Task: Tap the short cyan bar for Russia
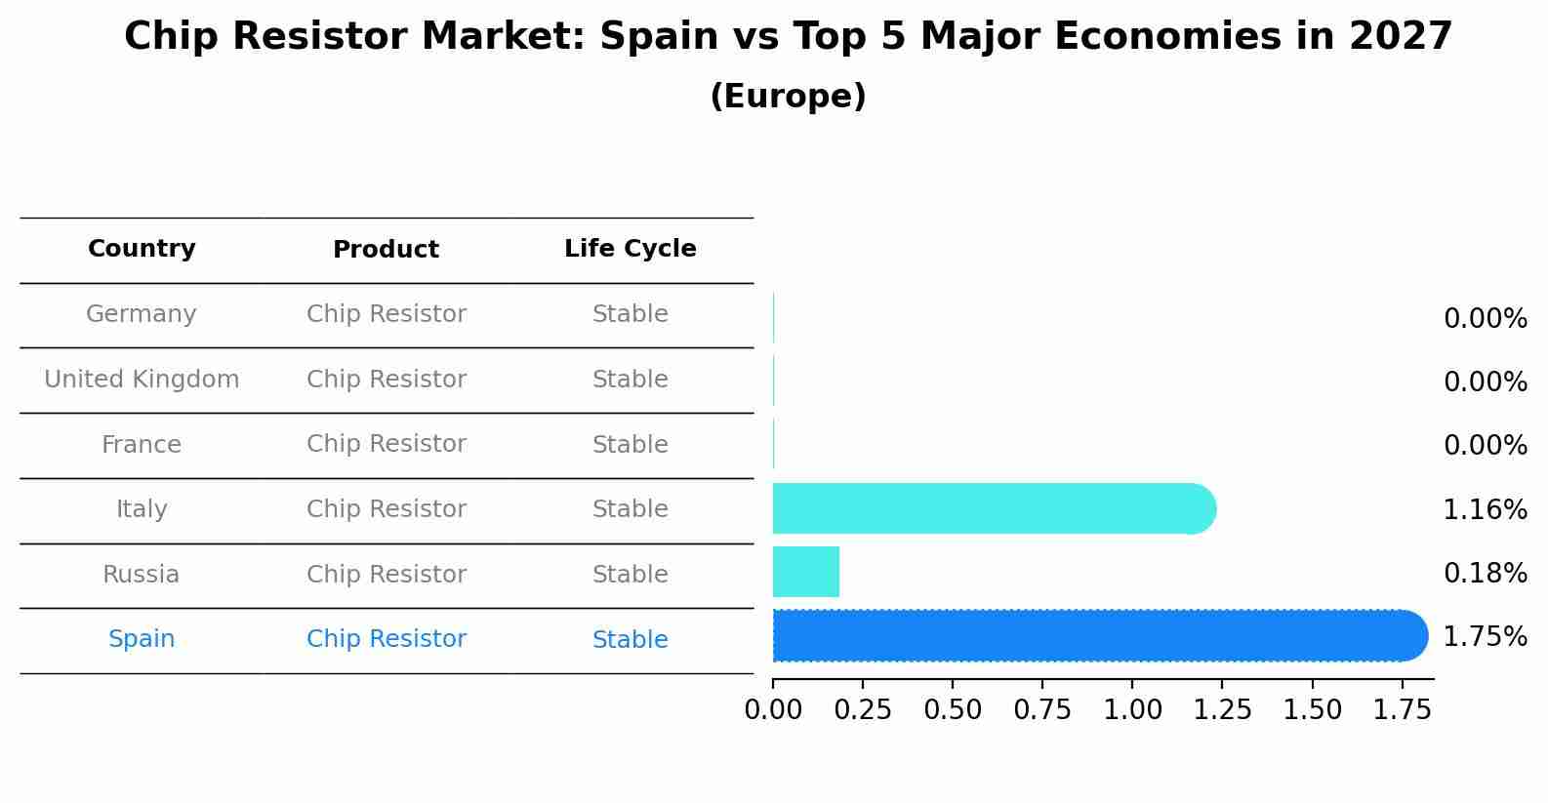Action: click(x=805, y=572)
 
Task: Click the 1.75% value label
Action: click(x=1485, y=637)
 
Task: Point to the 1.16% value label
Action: click(x=1485, y=509)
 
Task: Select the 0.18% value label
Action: click(x=1485, y=574)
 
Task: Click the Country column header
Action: click(x=142, y=249)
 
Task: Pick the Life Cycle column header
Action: click(x=630, y=249)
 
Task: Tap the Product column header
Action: click(x=386, y=250)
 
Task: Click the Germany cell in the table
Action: click(x=142, y=314)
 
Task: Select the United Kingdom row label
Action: click(x=142, y=380)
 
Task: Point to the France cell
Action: click(x=142, y=445)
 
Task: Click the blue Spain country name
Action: click(x=142, y=639)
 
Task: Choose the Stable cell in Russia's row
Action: click(x=630, y=575)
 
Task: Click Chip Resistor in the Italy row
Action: click(x=386, y=509)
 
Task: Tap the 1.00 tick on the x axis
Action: click(x=1132, y=710)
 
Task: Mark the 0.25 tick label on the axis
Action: click(x=863, y=710)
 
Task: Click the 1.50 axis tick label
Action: click(x=1312, y=710)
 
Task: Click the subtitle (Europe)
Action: click(x=788, y=97)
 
